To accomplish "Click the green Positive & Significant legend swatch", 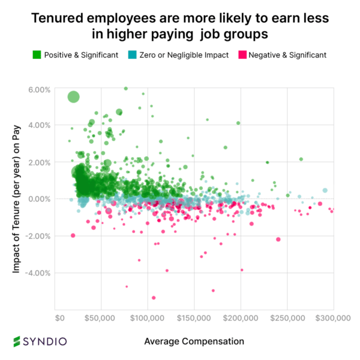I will pyautogui.click(x=37, y=55).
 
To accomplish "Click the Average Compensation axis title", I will pyautogui.click(x=194, y=341).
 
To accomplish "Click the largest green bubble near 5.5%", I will pyautogui.click(x=73, y=97).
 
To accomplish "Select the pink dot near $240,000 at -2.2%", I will pyautogui.click(x=278, y=239).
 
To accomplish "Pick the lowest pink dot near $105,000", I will pyautogui.click(x=154, y=298).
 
